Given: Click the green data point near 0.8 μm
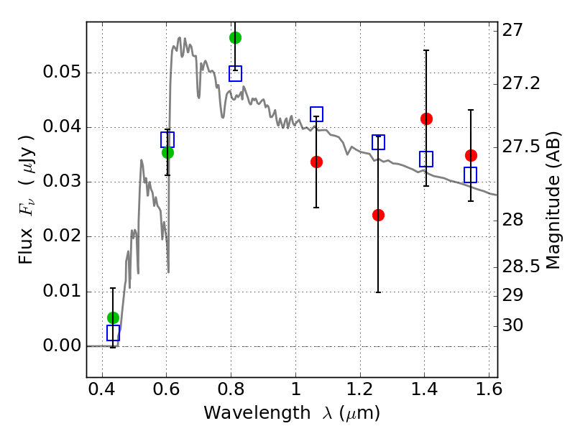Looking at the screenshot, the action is tap(235, 37).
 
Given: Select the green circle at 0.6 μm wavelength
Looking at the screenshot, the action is tap(167, 152).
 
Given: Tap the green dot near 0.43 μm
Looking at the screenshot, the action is tap(113, 318).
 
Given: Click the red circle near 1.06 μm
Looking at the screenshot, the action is tap(316, 162).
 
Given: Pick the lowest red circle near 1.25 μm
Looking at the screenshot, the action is tap(378, 215).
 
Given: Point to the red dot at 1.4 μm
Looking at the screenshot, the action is tap(426, 119).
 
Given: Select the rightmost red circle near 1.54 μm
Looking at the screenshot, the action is tap(471, 155).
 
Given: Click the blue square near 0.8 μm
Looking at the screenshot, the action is tap(235, 74).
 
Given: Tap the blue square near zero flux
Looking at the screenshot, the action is tap(113, 333).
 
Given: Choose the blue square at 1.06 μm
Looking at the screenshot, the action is tap(316, 114).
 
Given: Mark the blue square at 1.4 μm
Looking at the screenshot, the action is tap(426, 159).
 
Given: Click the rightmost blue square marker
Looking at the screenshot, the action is tap(471, 175).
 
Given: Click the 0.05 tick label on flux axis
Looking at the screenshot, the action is tap(62, 72).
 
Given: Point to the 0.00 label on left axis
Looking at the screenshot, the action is tap(62, 346).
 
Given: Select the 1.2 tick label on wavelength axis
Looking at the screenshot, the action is tap(360, 389).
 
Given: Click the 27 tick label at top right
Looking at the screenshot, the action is tap(512, 30).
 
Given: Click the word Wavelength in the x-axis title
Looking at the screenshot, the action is tap(257, 413).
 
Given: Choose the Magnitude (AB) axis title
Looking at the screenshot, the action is tap(553, 200).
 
